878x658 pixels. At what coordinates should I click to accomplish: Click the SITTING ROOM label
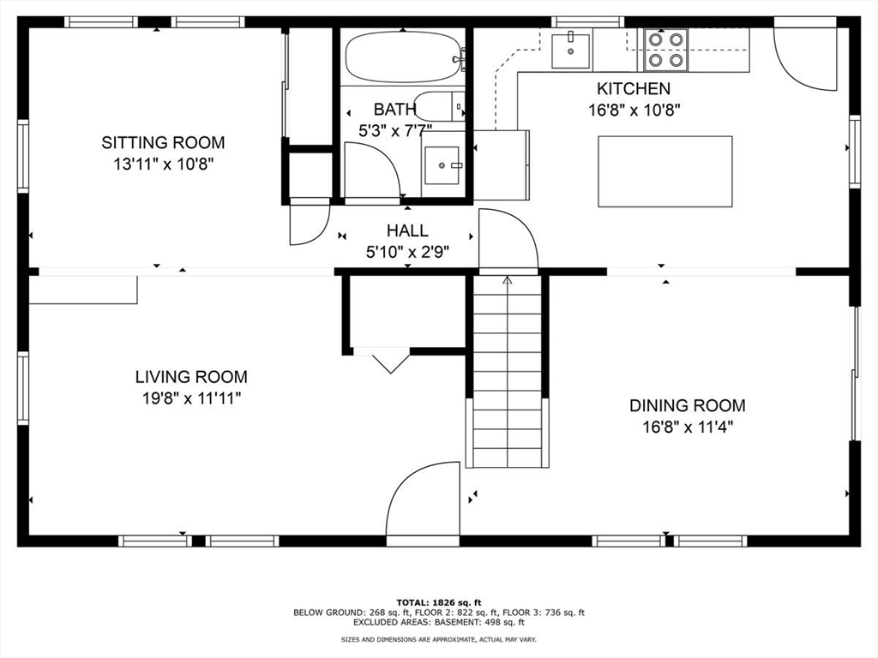pyautogui.click(x=163, y=142)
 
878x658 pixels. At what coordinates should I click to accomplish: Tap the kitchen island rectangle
pyautogui.click(x=665, y=171)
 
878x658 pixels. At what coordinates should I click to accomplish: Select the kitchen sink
pyautogui.click(x=569, y=50)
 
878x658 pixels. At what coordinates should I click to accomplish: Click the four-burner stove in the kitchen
pyautogui.click(x=666, y=49)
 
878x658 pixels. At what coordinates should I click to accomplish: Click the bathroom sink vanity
pyautogui.click(x=442, y=165)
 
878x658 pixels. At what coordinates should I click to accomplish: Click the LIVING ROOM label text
pyautogui.click(x=190, y=376)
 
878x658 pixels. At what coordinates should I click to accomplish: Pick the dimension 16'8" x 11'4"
pyautogui.click(x=687, y=427)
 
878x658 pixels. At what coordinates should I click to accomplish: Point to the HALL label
pyautogui.click(x=406, y=230)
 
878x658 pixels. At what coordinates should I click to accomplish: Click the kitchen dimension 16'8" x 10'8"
pyautogui.click(x=634, y=110)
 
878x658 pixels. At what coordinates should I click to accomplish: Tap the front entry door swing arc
pyautogui.click(x=420, y=501)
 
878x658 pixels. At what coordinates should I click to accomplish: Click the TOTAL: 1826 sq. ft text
pyautogui.click(x=438, y=601)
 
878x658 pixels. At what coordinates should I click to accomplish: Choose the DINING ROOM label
pyautogui.click(x=687, y=405)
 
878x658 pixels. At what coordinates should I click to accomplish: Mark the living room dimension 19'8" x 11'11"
pyautogui.click(x=190, y=398)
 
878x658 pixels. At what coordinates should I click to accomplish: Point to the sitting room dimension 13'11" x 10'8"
pyautogui.click(x=163, y=164)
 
